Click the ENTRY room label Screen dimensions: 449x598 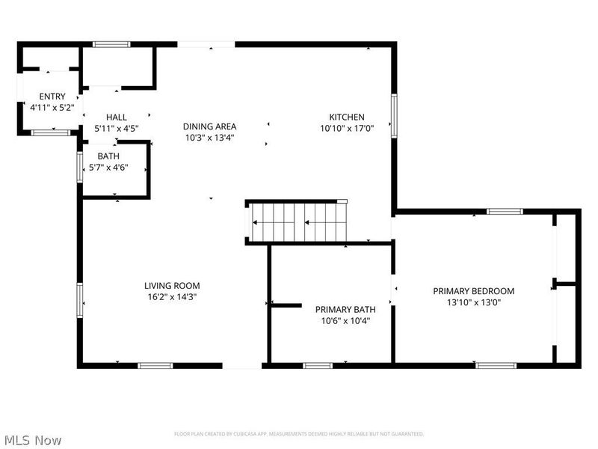click(x=52, y=97)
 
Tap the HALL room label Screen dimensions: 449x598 click(x=116, y=117)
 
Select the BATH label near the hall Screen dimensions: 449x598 click(x=108, y=156)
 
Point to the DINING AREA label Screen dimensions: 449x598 click(x=211, y=126)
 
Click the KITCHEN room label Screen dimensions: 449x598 click(x=347, y=117)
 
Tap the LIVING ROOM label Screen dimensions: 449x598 click(x=172, y=285)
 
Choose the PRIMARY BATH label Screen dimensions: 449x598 click(x=345, y=309)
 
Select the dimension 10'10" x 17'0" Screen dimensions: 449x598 click(x=347, y=128)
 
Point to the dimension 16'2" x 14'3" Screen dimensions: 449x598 click(x=172, y=296)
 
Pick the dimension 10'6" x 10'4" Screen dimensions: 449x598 click(x=345, y=320)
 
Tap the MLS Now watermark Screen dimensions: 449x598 click(x=33, y=440)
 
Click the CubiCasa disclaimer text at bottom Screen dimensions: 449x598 click(x=299, y=433)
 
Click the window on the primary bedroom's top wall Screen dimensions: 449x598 click(x=505, y=212)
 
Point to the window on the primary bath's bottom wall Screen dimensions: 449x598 click(x=318, y=366)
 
